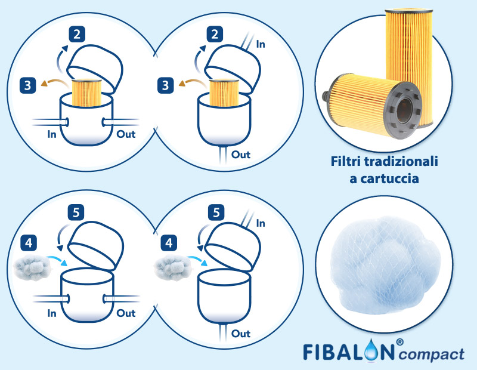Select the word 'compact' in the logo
point(431,354)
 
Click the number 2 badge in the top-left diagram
point(76,33)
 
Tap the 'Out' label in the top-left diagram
point(126,134)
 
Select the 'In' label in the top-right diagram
point(260,44)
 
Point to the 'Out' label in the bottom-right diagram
point(240,333)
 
